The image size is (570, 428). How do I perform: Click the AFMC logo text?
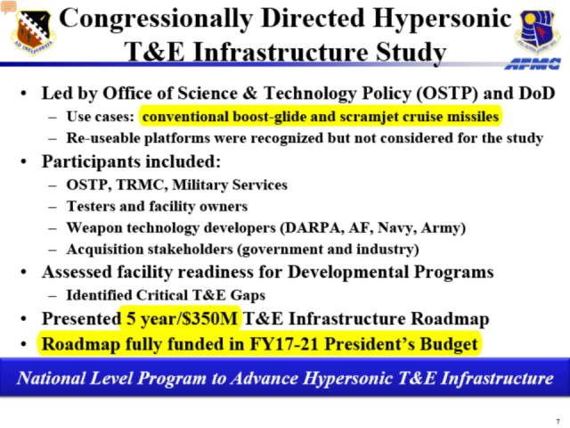coord(533,63)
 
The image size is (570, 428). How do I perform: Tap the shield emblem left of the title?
coord(33,32)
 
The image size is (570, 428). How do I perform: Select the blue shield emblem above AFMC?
coord(536,32)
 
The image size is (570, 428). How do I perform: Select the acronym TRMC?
coord(142,185)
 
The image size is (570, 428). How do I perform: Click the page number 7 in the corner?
coord(558,422)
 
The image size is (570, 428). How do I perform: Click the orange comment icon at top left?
coord(8,6)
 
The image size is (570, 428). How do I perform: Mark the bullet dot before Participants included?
coord(24,161)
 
